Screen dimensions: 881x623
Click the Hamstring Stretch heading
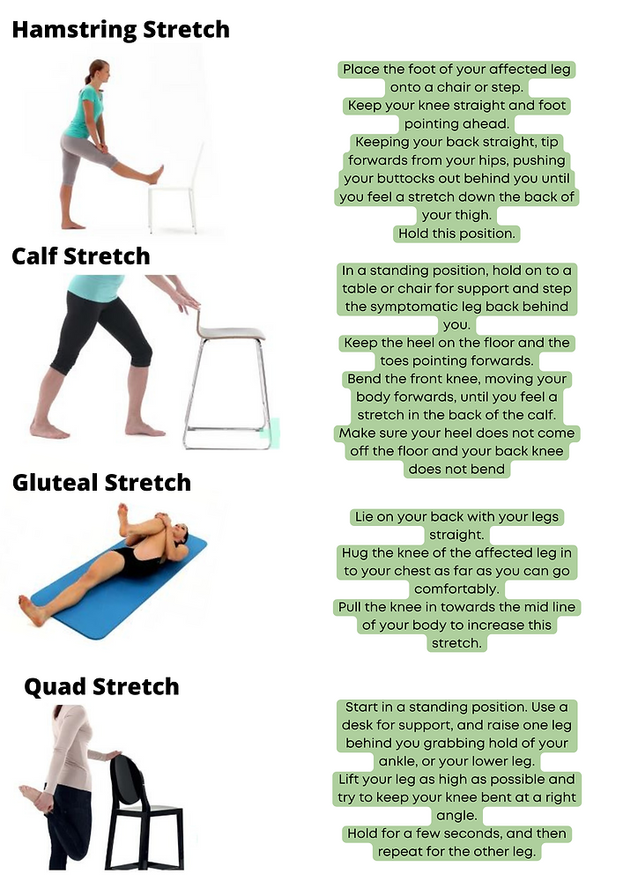pyautogui.click(x=120, y=29)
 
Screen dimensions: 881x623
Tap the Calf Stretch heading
pyautogui.click(x=81, y=255)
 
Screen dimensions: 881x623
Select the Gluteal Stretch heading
pyautogui.click(x=101, y=482)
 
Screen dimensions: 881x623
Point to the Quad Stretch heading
pyautogui.click(x=101, y=686)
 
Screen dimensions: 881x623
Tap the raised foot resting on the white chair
pyautogui.click(x=156, y=174)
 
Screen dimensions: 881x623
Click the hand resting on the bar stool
pyautogui.click(x=186, y=301)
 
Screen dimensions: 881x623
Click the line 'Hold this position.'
pyautogui.click(x=456, y=233)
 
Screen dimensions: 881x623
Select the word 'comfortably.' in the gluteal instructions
pyautogui.click(x=456, y=589)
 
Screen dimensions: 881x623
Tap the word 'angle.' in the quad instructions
pyautogui.click(x=456, y=815)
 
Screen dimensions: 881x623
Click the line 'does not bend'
pyautogui.click(x=456, y=469)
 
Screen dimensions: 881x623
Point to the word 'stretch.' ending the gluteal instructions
pyautogui.click(x=456, y=643)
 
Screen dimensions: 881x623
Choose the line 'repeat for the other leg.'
pyautogui.click(x=456, y=852)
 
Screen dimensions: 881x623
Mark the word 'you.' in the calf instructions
pyautogui.click(x=456, y=324)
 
